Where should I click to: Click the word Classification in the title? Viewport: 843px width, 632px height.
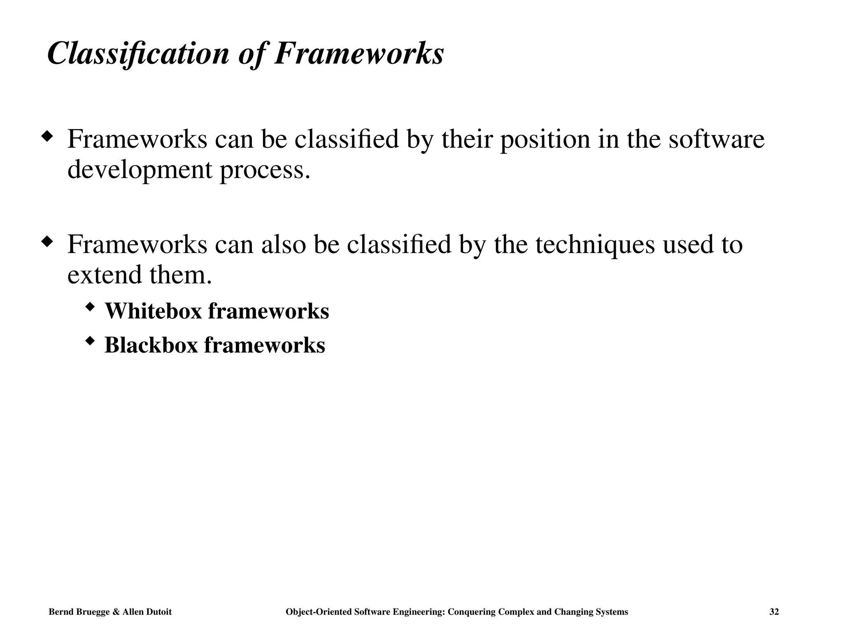(138, 53)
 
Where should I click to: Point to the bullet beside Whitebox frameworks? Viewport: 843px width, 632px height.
(90, 307)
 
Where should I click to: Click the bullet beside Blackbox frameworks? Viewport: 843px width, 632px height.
(90, 341)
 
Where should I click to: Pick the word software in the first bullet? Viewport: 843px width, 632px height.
(716, 139)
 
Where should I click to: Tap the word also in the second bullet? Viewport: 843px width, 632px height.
(284, 244)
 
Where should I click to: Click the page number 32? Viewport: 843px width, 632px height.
(774, 612)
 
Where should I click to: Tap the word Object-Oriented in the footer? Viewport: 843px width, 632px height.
(318, 612)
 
